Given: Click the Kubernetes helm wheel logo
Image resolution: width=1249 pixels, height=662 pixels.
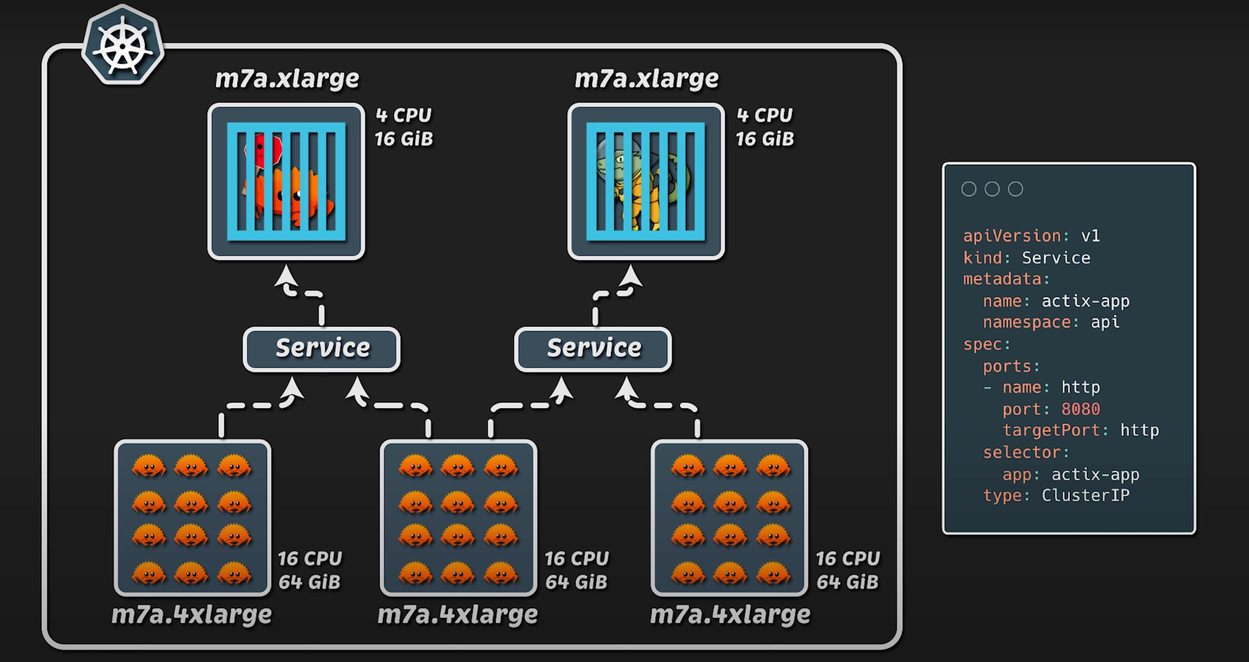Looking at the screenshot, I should click(123, 45).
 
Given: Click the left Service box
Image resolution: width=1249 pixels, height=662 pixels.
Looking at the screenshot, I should click(322, 348).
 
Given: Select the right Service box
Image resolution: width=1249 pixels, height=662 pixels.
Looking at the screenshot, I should click(593, 348).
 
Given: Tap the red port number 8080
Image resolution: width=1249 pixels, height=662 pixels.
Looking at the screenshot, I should click(1080, 409).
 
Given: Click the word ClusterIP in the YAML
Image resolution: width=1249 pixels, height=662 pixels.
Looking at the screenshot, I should click(1086, 495).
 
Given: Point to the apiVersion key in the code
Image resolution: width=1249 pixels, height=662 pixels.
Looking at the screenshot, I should click(1012, 236).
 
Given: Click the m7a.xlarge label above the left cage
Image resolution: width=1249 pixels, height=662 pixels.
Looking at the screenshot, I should click(287, 79).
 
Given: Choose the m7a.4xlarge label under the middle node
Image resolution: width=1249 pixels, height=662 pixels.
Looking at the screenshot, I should click(458, 615).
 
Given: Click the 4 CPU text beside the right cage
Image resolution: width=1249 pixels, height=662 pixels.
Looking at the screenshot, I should click(765, 115).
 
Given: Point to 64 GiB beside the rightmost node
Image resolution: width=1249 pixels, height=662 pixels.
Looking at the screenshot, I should click(847, 582).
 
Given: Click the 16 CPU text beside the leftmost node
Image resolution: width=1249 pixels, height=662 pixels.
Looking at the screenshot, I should click(310, 559).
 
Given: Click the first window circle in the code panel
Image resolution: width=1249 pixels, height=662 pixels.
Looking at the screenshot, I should click(968, 189).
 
